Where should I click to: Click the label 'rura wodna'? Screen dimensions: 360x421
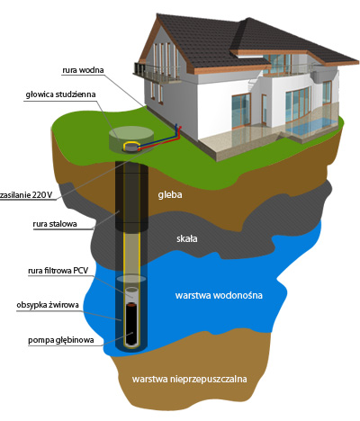pyautogui.click(x=83, y=70)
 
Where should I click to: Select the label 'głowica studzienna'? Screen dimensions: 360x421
pyautogui.click(x=60, y=94)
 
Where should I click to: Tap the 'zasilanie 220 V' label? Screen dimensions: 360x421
pyautogui.click(x=26, y=195)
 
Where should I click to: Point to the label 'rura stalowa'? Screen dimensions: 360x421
pyautogui.click(x=55, y=224)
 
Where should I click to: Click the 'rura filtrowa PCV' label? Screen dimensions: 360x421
pyautogui.click(x=58, y=271)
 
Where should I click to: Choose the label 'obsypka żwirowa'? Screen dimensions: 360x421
pyautogui.click(x=48, y=305)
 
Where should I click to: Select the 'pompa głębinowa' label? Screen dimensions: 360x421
pyautogui.click(x=61, y=340)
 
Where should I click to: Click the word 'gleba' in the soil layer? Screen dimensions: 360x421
pyautogui.click(x=170, y=195)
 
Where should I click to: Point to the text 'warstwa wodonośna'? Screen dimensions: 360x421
pyautogui.click(x=219, y=295)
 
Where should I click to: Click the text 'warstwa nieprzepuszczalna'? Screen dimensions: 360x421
pyautogui.click(x=189, y=379)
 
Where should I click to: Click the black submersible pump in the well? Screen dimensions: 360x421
pyautogui.click(x=132, y=324)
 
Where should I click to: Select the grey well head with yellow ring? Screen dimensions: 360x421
pyautogui.click(x=130, y=147)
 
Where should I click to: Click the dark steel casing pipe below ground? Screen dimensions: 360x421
pyautogui.click(x=131, y=196)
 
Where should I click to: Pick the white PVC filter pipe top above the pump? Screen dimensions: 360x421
pyautogui.click(x=132, y=293)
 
